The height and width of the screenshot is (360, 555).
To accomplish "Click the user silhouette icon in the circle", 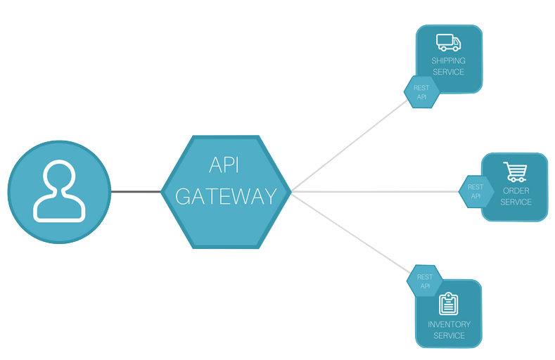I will click(x=60, y=191).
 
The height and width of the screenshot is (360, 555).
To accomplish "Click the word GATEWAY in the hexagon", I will click(x=226, y=196).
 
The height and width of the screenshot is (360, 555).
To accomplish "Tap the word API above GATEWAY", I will click(x=226, y=165).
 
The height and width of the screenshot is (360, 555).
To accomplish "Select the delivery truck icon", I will click(x=448, y=42).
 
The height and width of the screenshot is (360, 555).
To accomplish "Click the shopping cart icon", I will click(x=516, y=172).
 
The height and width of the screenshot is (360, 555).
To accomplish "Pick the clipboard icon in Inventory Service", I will click(x=448, y=304).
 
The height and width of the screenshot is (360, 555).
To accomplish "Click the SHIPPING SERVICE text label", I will click(x=448, y=66).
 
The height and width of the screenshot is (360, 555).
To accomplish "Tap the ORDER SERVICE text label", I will click(x=516, y=196).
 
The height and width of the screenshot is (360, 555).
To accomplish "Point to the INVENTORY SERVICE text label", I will click(x=449, y=330).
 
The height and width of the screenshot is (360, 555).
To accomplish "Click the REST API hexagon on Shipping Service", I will click(x=421, y=92).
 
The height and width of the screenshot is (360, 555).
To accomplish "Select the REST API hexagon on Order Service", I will click(x=476, y=191).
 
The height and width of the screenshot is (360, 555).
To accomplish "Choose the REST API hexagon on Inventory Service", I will click(x=425, y=281).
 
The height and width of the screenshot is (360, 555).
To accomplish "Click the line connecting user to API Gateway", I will click(x=136, y=191).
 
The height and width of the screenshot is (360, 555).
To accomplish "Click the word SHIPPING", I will click(x=448, y=61).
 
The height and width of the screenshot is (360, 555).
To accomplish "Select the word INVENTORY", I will click(x=449, y=325).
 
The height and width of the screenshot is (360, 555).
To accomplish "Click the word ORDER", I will click(x=516, y=191).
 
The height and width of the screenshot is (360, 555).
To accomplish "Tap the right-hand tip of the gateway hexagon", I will click(x=291, y=191).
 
